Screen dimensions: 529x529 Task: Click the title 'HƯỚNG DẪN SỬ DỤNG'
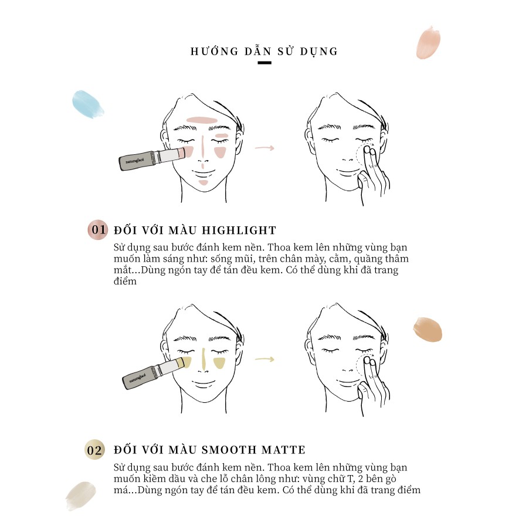[264, 51]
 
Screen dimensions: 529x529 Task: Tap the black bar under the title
[264, 63]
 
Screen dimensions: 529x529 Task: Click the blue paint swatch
[87, 104]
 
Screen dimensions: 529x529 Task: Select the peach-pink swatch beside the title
[428, 42]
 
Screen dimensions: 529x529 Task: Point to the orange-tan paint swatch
[428, 329]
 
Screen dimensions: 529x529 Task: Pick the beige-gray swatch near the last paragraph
[80, 495]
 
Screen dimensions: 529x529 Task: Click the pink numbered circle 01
[97, 230]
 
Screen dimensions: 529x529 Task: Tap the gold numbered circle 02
[94, 450]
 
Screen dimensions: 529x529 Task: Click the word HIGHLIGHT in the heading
[239, 230]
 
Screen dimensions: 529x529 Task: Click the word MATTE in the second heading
[283, 450]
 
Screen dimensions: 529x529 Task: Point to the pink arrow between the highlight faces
[264, 148]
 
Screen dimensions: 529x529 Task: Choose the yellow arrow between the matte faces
[264, 360]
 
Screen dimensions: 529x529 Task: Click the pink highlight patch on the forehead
[201, 120]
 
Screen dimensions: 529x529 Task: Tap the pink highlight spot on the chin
[203, 183]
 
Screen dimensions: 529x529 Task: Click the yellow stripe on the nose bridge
[204, 358]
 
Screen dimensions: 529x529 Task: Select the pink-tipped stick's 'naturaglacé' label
[135, 160]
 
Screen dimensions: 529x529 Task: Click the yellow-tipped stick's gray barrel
[139, 377]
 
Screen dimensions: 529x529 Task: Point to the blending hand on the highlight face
[373, 172]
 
